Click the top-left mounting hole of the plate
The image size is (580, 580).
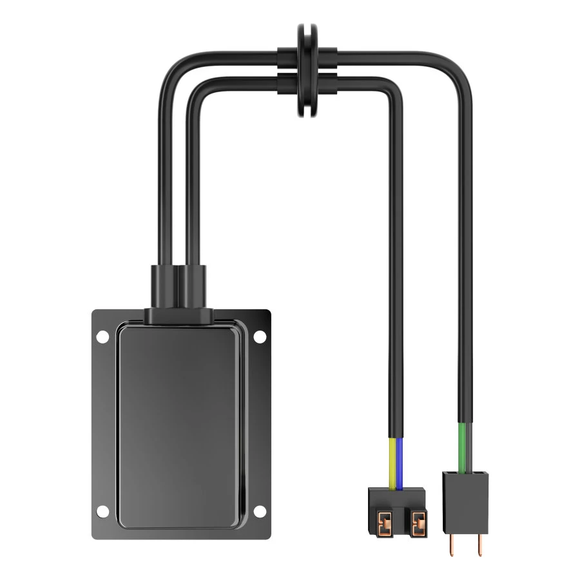(102, 336)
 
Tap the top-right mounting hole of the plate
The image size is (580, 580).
(259, 336)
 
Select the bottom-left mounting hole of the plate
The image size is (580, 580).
(102, 511)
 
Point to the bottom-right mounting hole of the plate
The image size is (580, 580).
(259, 511)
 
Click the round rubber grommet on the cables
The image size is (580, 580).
(307, 71)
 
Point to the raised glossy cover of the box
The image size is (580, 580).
(180, 425)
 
